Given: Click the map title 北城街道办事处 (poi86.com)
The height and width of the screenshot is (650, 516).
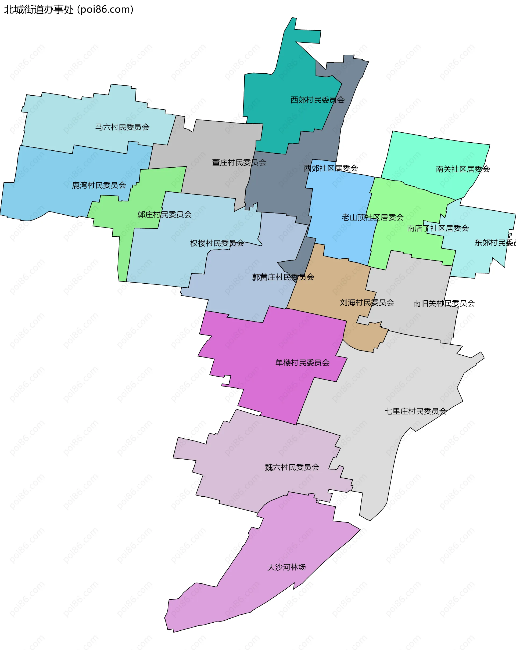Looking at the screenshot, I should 69,10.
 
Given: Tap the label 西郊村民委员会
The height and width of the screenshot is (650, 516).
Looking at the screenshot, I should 317,100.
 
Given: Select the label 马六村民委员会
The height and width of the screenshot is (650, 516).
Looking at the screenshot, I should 123,127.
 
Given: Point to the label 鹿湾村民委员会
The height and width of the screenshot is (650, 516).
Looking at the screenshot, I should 99,185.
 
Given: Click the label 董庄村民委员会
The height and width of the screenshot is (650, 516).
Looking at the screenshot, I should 239,162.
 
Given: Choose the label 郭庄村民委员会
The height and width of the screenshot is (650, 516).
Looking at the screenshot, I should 164,214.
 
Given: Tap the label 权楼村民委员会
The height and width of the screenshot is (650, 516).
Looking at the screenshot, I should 217,243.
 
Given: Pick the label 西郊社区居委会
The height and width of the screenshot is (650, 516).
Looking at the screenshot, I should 331,168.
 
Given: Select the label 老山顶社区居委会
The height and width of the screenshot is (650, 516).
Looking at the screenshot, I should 373,217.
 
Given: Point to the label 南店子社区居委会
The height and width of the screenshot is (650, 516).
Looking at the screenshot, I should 438,228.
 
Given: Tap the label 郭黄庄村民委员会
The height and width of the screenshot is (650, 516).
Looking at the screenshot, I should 283,277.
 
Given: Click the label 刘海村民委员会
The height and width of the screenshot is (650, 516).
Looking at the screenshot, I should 367,302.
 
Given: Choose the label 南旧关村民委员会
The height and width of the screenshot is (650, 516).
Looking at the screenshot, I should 444,303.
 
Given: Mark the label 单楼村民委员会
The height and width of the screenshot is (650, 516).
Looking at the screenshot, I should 303,363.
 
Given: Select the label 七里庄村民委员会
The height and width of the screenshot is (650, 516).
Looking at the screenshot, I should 416,411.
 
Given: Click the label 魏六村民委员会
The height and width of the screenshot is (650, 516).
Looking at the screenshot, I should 292,467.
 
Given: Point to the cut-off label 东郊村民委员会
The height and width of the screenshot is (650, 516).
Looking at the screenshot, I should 495,243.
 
